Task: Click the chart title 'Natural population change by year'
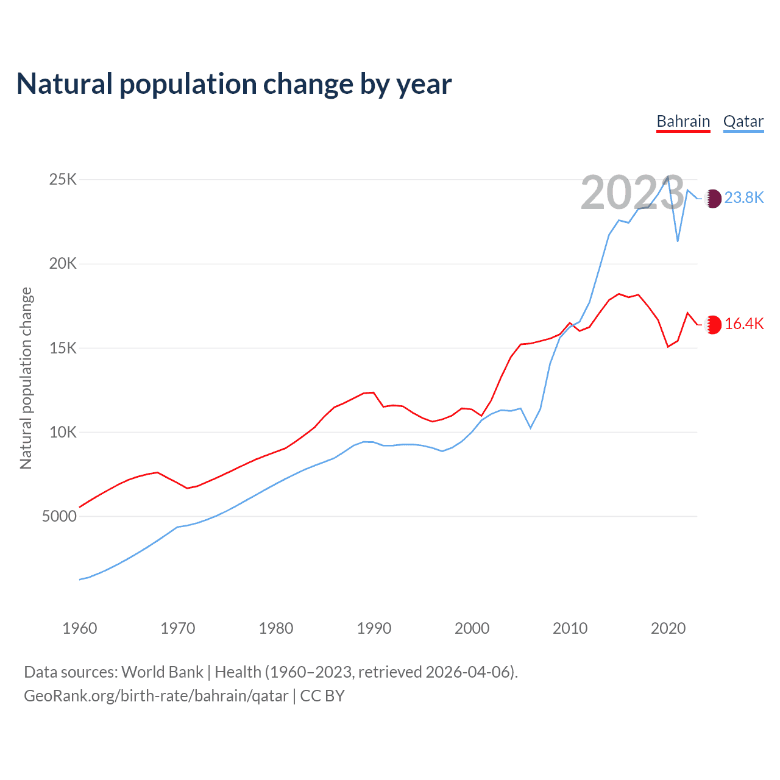pyautogui.click(x=234, y=84)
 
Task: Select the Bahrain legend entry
pyautogui.click(x=683, y=121)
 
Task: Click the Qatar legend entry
pyautogui.click(x=743, y=121)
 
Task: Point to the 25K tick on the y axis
pyautogui.click(x=63, y=179)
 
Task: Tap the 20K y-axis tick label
pyautogui.click(x=63, y=263)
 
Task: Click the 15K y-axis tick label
pyautogui.click(x=63, y=348)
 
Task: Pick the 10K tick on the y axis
pyautogui.click(x=63, y=432)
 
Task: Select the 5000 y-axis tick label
pyautogui.click(x=60, y=516)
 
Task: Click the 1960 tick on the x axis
pyautogui.click(x=80, y=628)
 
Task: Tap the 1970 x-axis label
pyautogui.click(x=178, y=628)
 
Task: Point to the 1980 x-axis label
pyautogui.click(x=276, y=628)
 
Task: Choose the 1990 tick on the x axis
pyautogui.click(x=374, y=628)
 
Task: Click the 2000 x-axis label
pyautogui.click(x=472, y=628)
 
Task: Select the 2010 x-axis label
pyautogui.click(x=570, y=628)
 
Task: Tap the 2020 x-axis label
pyautogui.click(x=668, y=628)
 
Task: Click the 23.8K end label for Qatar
pyautogui.click(x=744, y=197)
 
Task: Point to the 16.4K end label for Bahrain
pyautogui.click(x=744, y=324)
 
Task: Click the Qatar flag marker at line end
pyautogui.click(x=713, y=198)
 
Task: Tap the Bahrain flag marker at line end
pyautogui.click(x=713, y=324)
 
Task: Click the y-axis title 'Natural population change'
pyautogui.click(x=26, y=378)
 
